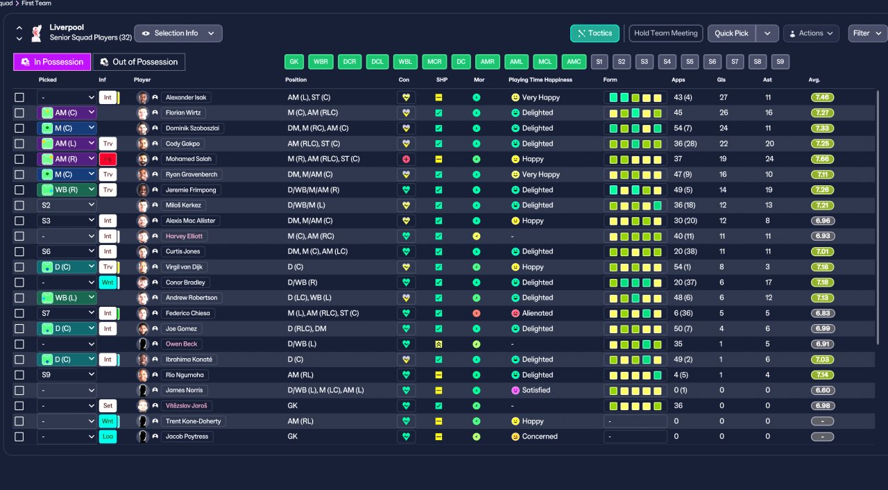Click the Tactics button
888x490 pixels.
[x=595, y=33]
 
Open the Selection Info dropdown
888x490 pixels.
[x=178, y=33]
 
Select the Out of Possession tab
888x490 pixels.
[x=139, y=62]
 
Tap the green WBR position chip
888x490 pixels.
[x=321, y=62]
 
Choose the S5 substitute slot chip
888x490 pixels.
[x=690, y=62]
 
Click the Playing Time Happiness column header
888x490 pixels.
[x=540, y=80]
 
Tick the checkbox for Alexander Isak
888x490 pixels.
[x=19, y=98]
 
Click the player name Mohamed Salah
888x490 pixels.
[x=188, y=159]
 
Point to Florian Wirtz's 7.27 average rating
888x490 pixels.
[x=822, y=113]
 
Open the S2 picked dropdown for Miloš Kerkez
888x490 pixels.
[x=67, y=205]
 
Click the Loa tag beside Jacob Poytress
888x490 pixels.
[x=108, y=437]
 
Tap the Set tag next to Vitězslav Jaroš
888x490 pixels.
[x=108, y=405]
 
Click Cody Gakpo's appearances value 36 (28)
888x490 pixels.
[x=685, y=144]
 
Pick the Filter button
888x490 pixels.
[x=867, y=33]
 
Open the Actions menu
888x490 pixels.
[x=811, y=33]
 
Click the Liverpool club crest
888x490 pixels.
[x=37, y=33]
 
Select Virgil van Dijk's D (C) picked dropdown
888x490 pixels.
[x=67, y=267]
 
